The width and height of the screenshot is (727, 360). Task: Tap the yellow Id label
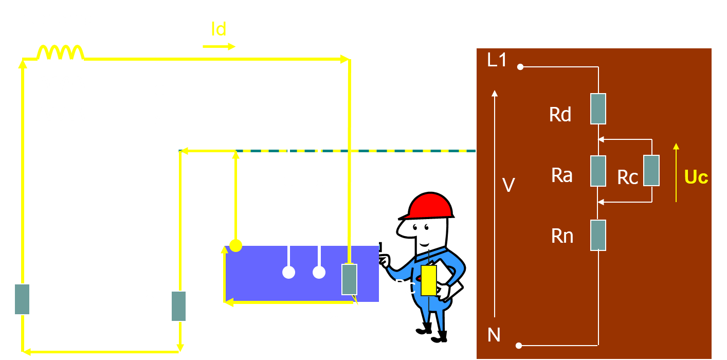coord(219,29)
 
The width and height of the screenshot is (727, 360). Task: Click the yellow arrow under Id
coord(219,46)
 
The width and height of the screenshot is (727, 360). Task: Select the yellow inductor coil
coord(60,52)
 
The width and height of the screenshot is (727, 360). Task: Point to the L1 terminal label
coord(497,61)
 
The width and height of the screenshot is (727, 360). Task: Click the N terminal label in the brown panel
coord(494,335)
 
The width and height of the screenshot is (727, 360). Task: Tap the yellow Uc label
coord(696,177)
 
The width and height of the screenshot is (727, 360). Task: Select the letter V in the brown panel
coord(508,185)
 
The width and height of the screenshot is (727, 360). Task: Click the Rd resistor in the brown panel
coord(598,109)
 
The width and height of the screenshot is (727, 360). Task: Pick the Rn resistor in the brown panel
coord(598,235)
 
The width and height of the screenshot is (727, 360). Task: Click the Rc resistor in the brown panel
coord(651,170)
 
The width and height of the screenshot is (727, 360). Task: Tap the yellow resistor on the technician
coord(428,280)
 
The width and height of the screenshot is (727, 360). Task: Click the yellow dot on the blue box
coord(235,245)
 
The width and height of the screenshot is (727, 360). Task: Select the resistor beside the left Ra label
coord(178,306)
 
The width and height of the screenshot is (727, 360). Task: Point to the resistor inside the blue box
coord(350,279)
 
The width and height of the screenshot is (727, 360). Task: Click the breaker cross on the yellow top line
coord(160,60)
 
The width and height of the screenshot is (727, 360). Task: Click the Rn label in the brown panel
coord(562,236)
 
